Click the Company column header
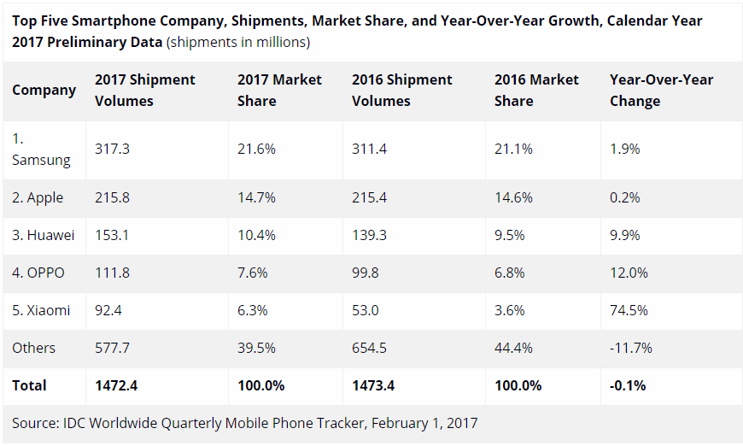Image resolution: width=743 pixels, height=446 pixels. coord(44,90)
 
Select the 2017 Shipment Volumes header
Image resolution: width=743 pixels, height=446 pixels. coord(145,90)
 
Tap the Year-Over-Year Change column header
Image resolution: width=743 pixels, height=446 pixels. coord(661,90)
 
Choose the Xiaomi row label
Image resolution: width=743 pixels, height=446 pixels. coord(41,311)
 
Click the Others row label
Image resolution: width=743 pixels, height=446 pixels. coord(34,348)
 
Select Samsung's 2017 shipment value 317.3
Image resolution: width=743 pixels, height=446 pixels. coord(112,149)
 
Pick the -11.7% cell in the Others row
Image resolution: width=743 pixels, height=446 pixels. coord(631,348)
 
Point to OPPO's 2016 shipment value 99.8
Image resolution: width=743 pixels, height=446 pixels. coord(366,273)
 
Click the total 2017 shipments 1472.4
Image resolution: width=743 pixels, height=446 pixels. coord(116,385)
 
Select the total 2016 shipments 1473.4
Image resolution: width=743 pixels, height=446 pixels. coord(373,385)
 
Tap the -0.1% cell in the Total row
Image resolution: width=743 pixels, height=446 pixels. coord(628,385)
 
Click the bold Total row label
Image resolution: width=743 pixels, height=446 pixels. coord(30,385)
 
